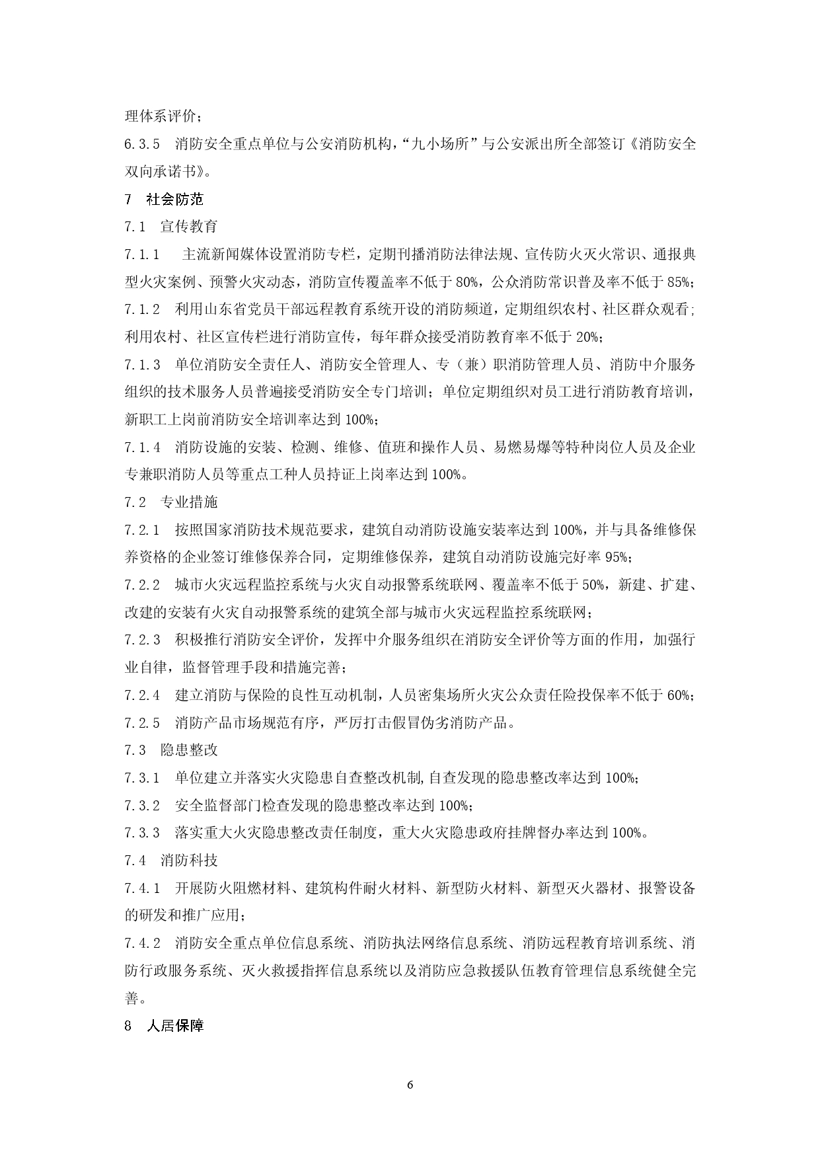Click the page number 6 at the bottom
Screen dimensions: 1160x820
[410, 1085]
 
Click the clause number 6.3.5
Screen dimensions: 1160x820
[142, 144]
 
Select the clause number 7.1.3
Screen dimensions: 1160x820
[142, 364]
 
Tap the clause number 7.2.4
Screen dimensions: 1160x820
[142, 695]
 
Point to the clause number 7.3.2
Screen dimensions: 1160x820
[142, 806]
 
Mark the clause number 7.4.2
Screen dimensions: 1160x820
[142, 943]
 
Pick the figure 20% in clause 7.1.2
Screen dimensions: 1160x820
[589, 337]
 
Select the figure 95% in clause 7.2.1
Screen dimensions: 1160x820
[618, 557]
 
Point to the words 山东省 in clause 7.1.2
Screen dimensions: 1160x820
[232, 309]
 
